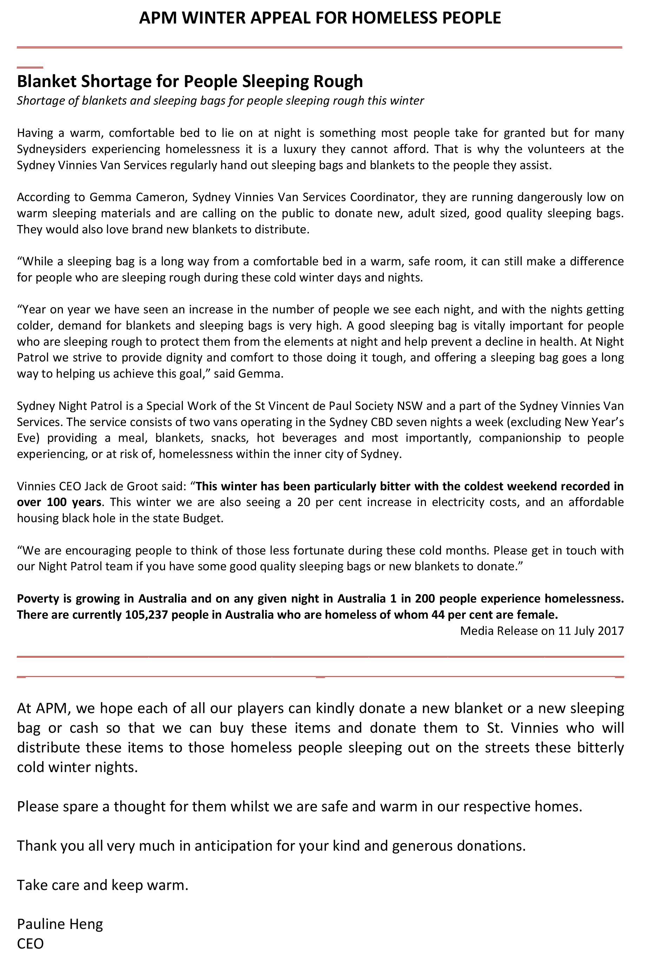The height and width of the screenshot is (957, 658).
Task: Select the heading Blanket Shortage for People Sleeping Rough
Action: click(190, 81)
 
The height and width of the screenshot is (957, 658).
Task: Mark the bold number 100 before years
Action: click(57, 503)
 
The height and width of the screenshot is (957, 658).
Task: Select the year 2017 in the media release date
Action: click(610, 631)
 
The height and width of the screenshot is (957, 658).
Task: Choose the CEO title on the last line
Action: click(30, 943)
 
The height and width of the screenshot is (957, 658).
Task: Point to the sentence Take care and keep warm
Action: click(102, 884)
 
